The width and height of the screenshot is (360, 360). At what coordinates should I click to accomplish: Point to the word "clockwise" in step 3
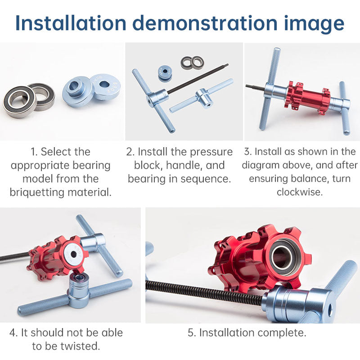click(299, 192)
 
